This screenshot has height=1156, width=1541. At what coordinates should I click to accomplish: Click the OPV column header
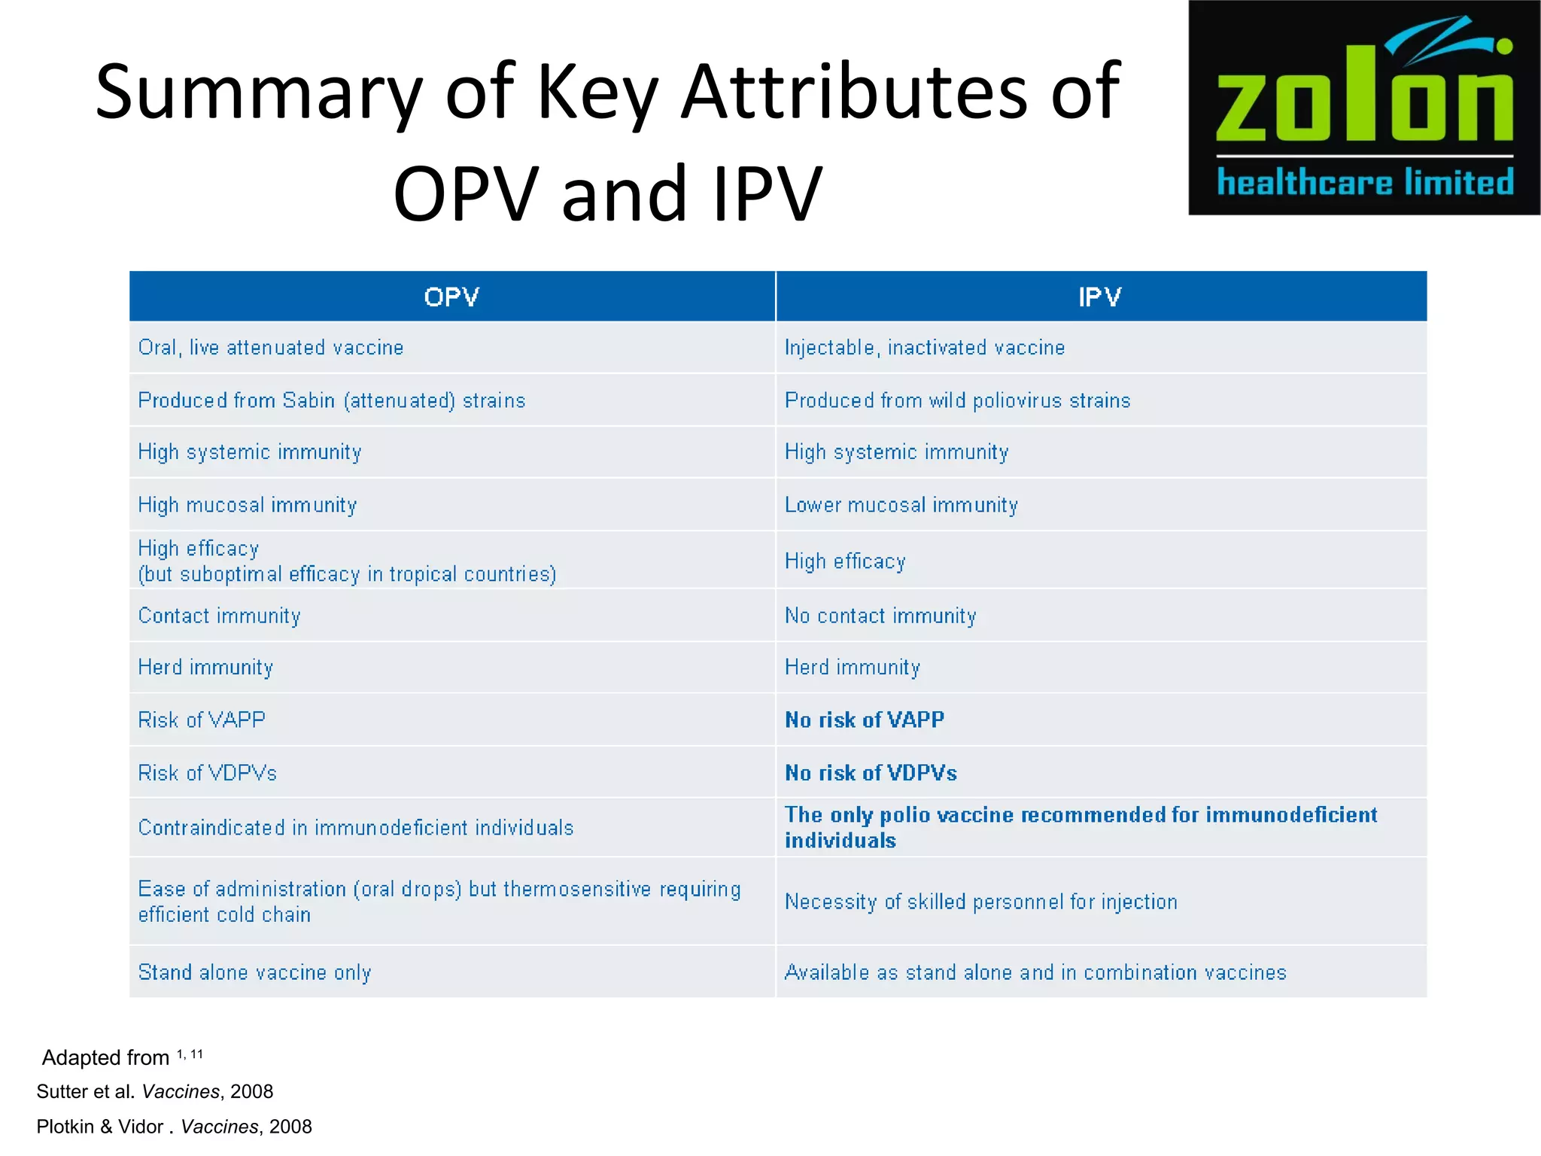(x=451, y=297)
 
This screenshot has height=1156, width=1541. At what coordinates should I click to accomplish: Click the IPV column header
(x=1099, y=297)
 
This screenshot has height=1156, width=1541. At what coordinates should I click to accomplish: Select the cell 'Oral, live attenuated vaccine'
(x=271, y=348)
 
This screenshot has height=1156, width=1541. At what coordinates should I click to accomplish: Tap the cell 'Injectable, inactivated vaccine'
(x=925, y=348)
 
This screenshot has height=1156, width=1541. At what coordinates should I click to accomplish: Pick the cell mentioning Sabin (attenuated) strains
(x=332, y=400)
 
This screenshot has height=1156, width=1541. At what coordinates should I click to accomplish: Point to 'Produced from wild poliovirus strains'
(x=957, y=400)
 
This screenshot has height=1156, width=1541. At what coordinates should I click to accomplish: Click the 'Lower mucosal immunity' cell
(x=901, y=505)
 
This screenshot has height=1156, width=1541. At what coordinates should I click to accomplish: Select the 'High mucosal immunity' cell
(x=248, y=505)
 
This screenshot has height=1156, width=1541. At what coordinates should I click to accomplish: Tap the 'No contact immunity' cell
(x=880, y=616)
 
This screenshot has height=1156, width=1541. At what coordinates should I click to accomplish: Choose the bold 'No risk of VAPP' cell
(x=865, y=720)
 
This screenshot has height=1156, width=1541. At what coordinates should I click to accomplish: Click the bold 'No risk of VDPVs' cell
(x=871, y=773)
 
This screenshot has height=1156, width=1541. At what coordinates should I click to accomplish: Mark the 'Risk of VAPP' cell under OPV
(x=202, y=720)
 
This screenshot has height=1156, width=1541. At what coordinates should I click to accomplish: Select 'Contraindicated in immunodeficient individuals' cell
(x=356, y=828)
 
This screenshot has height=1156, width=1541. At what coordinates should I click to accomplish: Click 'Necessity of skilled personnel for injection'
(x=980, y=902)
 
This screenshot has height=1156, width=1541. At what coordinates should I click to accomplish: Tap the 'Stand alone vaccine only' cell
(x=254, y=972)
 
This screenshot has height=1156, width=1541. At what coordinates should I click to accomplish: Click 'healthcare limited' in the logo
(x=1365, y=183)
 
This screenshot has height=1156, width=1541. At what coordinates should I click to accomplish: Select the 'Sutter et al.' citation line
(x=155, y=1091)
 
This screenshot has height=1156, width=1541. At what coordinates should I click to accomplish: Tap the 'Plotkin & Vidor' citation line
(x=174, y=1127)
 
